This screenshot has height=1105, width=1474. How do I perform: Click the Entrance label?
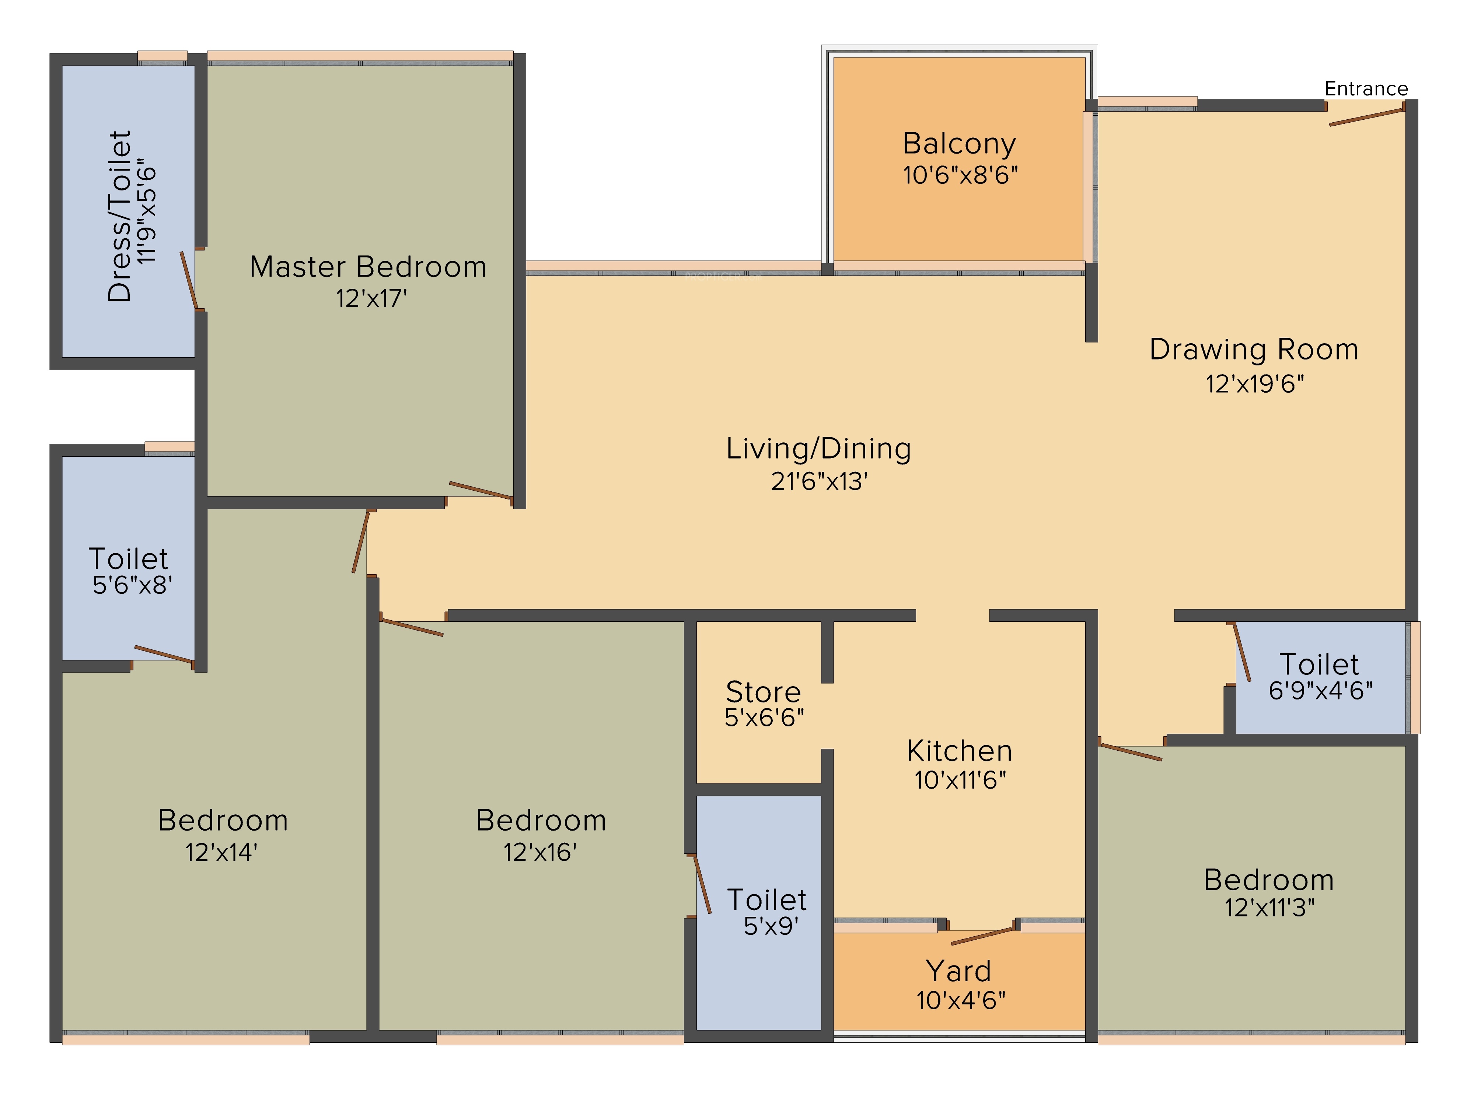click(1366, 89)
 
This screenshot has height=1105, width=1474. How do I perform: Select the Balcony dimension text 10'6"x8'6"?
click(960, 175)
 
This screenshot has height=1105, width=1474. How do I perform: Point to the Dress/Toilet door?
click(189, 280)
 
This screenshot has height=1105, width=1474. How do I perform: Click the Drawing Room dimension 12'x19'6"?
click(1255, 384)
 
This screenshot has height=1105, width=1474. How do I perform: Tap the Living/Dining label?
click(818, 448)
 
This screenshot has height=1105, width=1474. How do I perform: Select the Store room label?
click(764, 692)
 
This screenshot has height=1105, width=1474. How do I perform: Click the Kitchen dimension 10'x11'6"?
click(960, 780)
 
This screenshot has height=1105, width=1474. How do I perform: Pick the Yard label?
click(959, 971)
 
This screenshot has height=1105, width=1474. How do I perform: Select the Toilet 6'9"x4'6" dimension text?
click(1321, 691)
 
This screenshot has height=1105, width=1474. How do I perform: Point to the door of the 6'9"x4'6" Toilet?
click(1242, 652)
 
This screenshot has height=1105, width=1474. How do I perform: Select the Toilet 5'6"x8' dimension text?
click(133, 585)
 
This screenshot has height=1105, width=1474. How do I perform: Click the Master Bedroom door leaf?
click(481, 490)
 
